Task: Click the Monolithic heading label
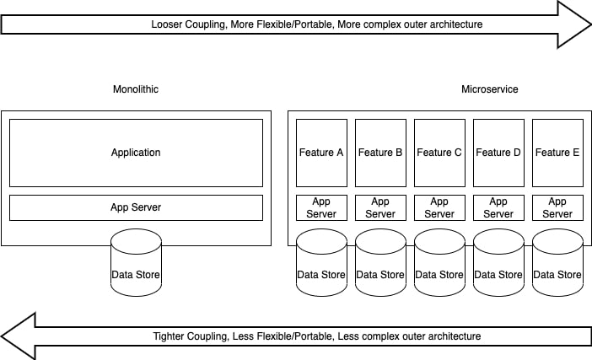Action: pyautogui.click(x=136, y=89)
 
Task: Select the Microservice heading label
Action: pyautogui.click(x=490, y=89)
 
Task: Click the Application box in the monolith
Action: pyautogui.click(x=136, y=153)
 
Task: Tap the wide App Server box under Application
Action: pyautogui.click(x=136, y=207)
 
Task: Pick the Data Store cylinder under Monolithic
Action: pyautogui.click(x=136, y=263)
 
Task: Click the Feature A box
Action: pyautogui.click(x=321, y=153)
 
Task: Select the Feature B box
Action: pyautogui.click(x=380, y=153)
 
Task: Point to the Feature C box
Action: pyautogui.click(x=439, y=153)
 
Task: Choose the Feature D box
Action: pyautogui.click(x=498, y=153)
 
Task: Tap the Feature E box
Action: pyautogui.click(x=557, y=153)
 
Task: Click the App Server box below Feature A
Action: pyautogui.click(x=321, y=207)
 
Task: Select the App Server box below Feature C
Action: pyautogui.click(x=439, y=207)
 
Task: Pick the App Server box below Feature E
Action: pyautogui.click(x=557, y=207)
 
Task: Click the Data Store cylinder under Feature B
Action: pyautogui.click(x=380, y=263)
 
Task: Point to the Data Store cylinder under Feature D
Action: pyautogui.click(x=498, y=263)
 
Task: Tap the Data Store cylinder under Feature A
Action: pyautogui.click(x=321, y=263)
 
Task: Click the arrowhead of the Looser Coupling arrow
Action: pyautogui.click(x=574, y=24)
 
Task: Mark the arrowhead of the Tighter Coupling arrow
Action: pyautogui.click(x=18, y=336)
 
